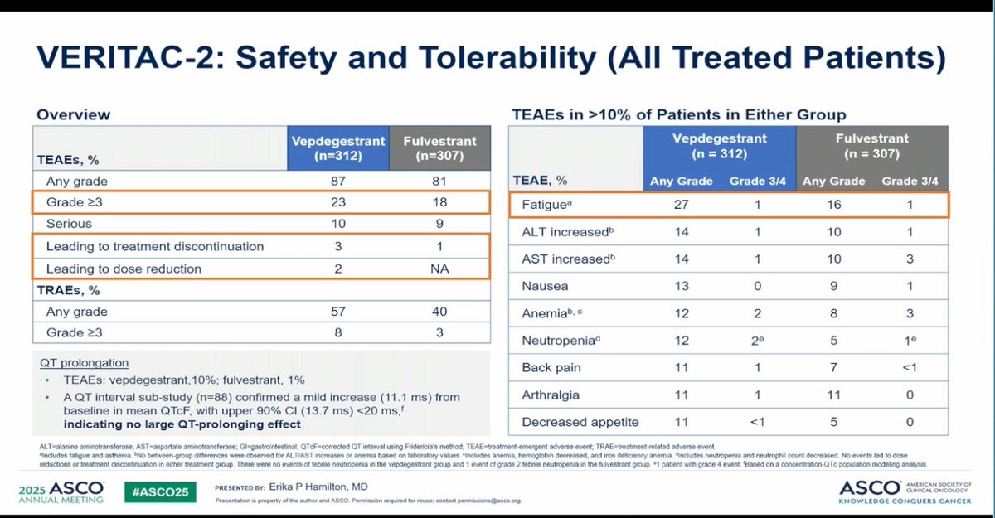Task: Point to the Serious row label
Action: [69, 224]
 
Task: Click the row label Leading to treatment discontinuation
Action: [155, 246]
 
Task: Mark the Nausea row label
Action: [545, 286]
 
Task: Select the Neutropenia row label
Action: [558, 340]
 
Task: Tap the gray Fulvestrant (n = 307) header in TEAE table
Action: [872, 146]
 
